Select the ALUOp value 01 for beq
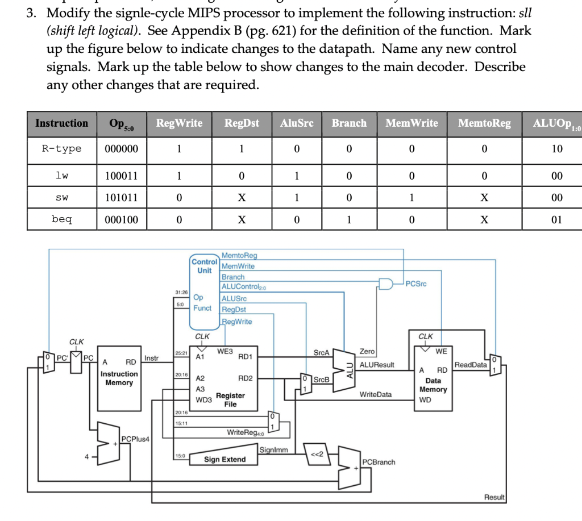[556, 219]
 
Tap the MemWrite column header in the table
[411, 123]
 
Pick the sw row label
[61, 198]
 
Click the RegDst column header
[242, 123]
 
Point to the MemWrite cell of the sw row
[411, 198]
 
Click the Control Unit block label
[205, 266]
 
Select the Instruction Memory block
[119, 378]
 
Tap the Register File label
[230, 399]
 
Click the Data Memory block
[433, 381]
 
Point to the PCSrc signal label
[417, 284]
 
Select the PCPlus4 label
[135, 439]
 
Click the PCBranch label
[380, 462]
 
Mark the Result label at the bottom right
[494, 497]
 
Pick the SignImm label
[273, 450]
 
